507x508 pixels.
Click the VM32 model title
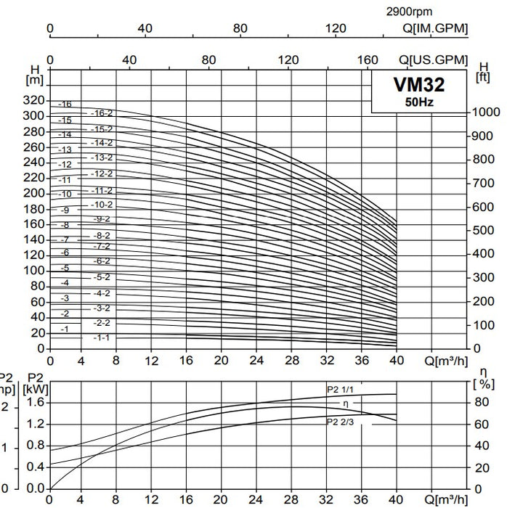point(418,86)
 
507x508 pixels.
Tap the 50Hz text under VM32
point(419,102)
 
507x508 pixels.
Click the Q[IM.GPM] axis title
point(435,28)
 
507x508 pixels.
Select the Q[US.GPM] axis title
point(434,60)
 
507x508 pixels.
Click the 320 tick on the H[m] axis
point(35,100)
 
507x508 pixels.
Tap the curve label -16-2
point(102,113)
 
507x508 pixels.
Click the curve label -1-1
point(102,338)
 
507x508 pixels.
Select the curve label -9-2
point(102,219)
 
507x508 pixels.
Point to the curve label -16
point(65,105)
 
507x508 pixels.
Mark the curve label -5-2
point(102,277)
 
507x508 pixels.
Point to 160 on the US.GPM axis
point(369,60)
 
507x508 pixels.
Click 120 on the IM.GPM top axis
point(336,28)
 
